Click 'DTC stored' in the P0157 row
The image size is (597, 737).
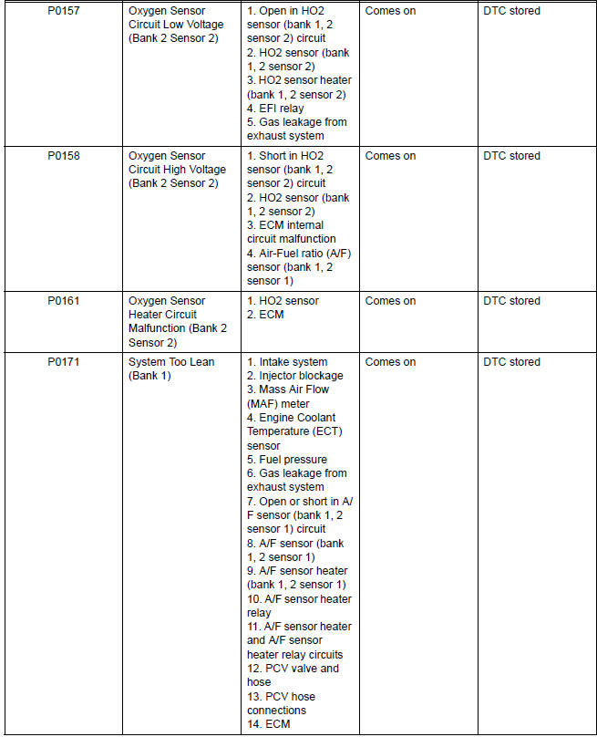[x=511, y=11]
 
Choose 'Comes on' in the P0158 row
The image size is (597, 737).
[x=390, y=156]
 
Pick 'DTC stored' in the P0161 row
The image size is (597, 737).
[x=511, y=301]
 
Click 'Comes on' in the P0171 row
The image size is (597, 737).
[x=390, y=362]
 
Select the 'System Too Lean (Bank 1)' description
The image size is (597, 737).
[x=171, y=368]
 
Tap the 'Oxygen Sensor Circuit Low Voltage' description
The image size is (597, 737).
[x=176, y=25]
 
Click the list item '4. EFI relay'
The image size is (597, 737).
[x=275, y=109]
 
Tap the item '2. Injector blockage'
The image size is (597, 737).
[x=295, y=376]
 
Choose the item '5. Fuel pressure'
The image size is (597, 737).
[x=286, y=460]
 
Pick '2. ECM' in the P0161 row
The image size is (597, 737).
[x=266, y=315]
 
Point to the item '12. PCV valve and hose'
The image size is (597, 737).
[x=292, y=675]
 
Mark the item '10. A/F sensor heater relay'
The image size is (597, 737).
[x=298, y=606]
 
